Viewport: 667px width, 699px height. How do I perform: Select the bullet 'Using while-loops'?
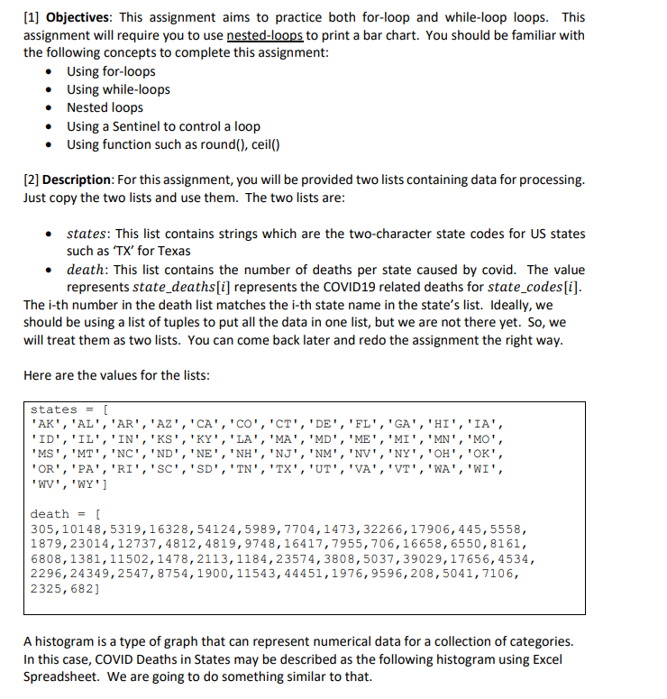click(x=118, y=89)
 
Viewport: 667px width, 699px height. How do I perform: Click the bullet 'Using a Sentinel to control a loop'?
click(x=163, y=126)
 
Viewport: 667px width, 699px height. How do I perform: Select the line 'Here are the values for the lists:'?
click(x=116, y=375)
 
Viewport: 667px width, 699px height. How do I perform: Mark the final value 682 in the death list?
click(x=90, y=590)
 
